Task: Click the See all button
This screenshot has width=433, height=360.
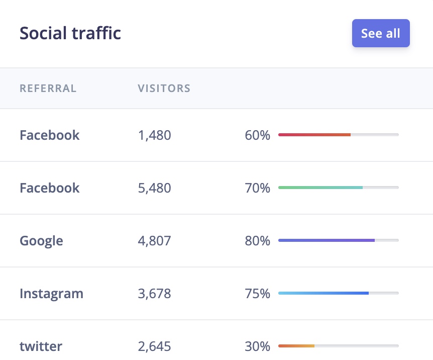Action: [381, 33]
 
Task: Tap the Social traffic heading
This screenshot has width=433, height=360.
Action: [70, 33]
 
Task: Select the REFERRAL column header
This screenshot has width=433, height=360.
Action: [48, 89]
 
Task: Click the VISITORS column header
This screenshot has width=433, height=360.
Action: [164, 89]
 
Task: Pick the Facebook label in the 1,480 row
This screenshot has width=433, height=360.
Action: [50, 135]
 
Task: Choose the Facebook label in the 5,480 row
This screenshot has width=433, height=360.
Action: [50, 188]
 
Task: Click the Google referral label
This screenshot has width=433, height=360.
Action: [41, 241]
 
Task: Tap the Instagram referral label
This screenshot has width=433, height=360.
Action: [51, 294]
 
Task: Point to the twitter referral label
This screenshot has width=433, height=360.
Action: [41, 346]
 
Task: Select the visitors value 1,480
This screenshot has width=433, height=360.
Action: [154, 135]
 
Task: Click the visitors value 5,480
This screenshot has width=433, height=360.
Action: [154, 188]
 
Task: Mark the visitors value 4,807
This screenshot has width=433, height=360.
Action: [154, 241]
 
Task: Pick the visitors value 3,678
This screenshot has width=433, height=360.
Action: [154, 294]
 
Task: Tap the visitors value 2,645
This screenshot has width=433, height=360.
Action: [154, 346]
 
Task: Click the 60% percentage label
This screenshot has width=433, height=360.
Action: [257, 135]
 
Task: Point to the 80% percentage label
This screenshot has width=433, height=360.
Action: [257, 241]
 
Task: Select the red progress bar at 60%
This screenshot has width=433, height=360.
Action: [314, 135]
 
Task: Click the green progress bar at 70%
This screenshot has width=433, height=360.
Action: [320, 188]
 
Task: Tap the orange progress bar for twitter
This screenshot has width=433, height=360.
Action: [296, 346]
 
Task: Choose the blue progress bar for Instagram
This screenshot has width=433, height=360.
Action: [323, 293]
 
